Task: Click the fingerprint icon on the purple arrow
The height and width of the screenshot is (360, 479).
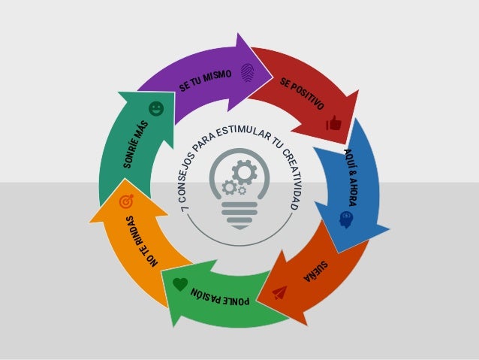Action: tap(247, 72)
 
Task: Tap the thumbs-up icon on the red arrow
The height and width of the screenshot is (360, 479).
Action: tap(333, 123)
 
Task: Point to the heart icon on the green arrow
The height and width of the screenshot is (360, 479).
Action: tap(179, 284)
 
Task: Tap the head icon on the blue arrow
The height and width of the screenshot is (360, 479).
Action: tap(346, 218)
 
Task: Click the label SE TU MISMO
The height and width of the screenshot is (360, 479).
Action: tap(206, 82)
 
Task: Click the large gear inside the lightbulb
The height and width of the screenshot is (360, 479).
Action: tap(244, 172)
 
